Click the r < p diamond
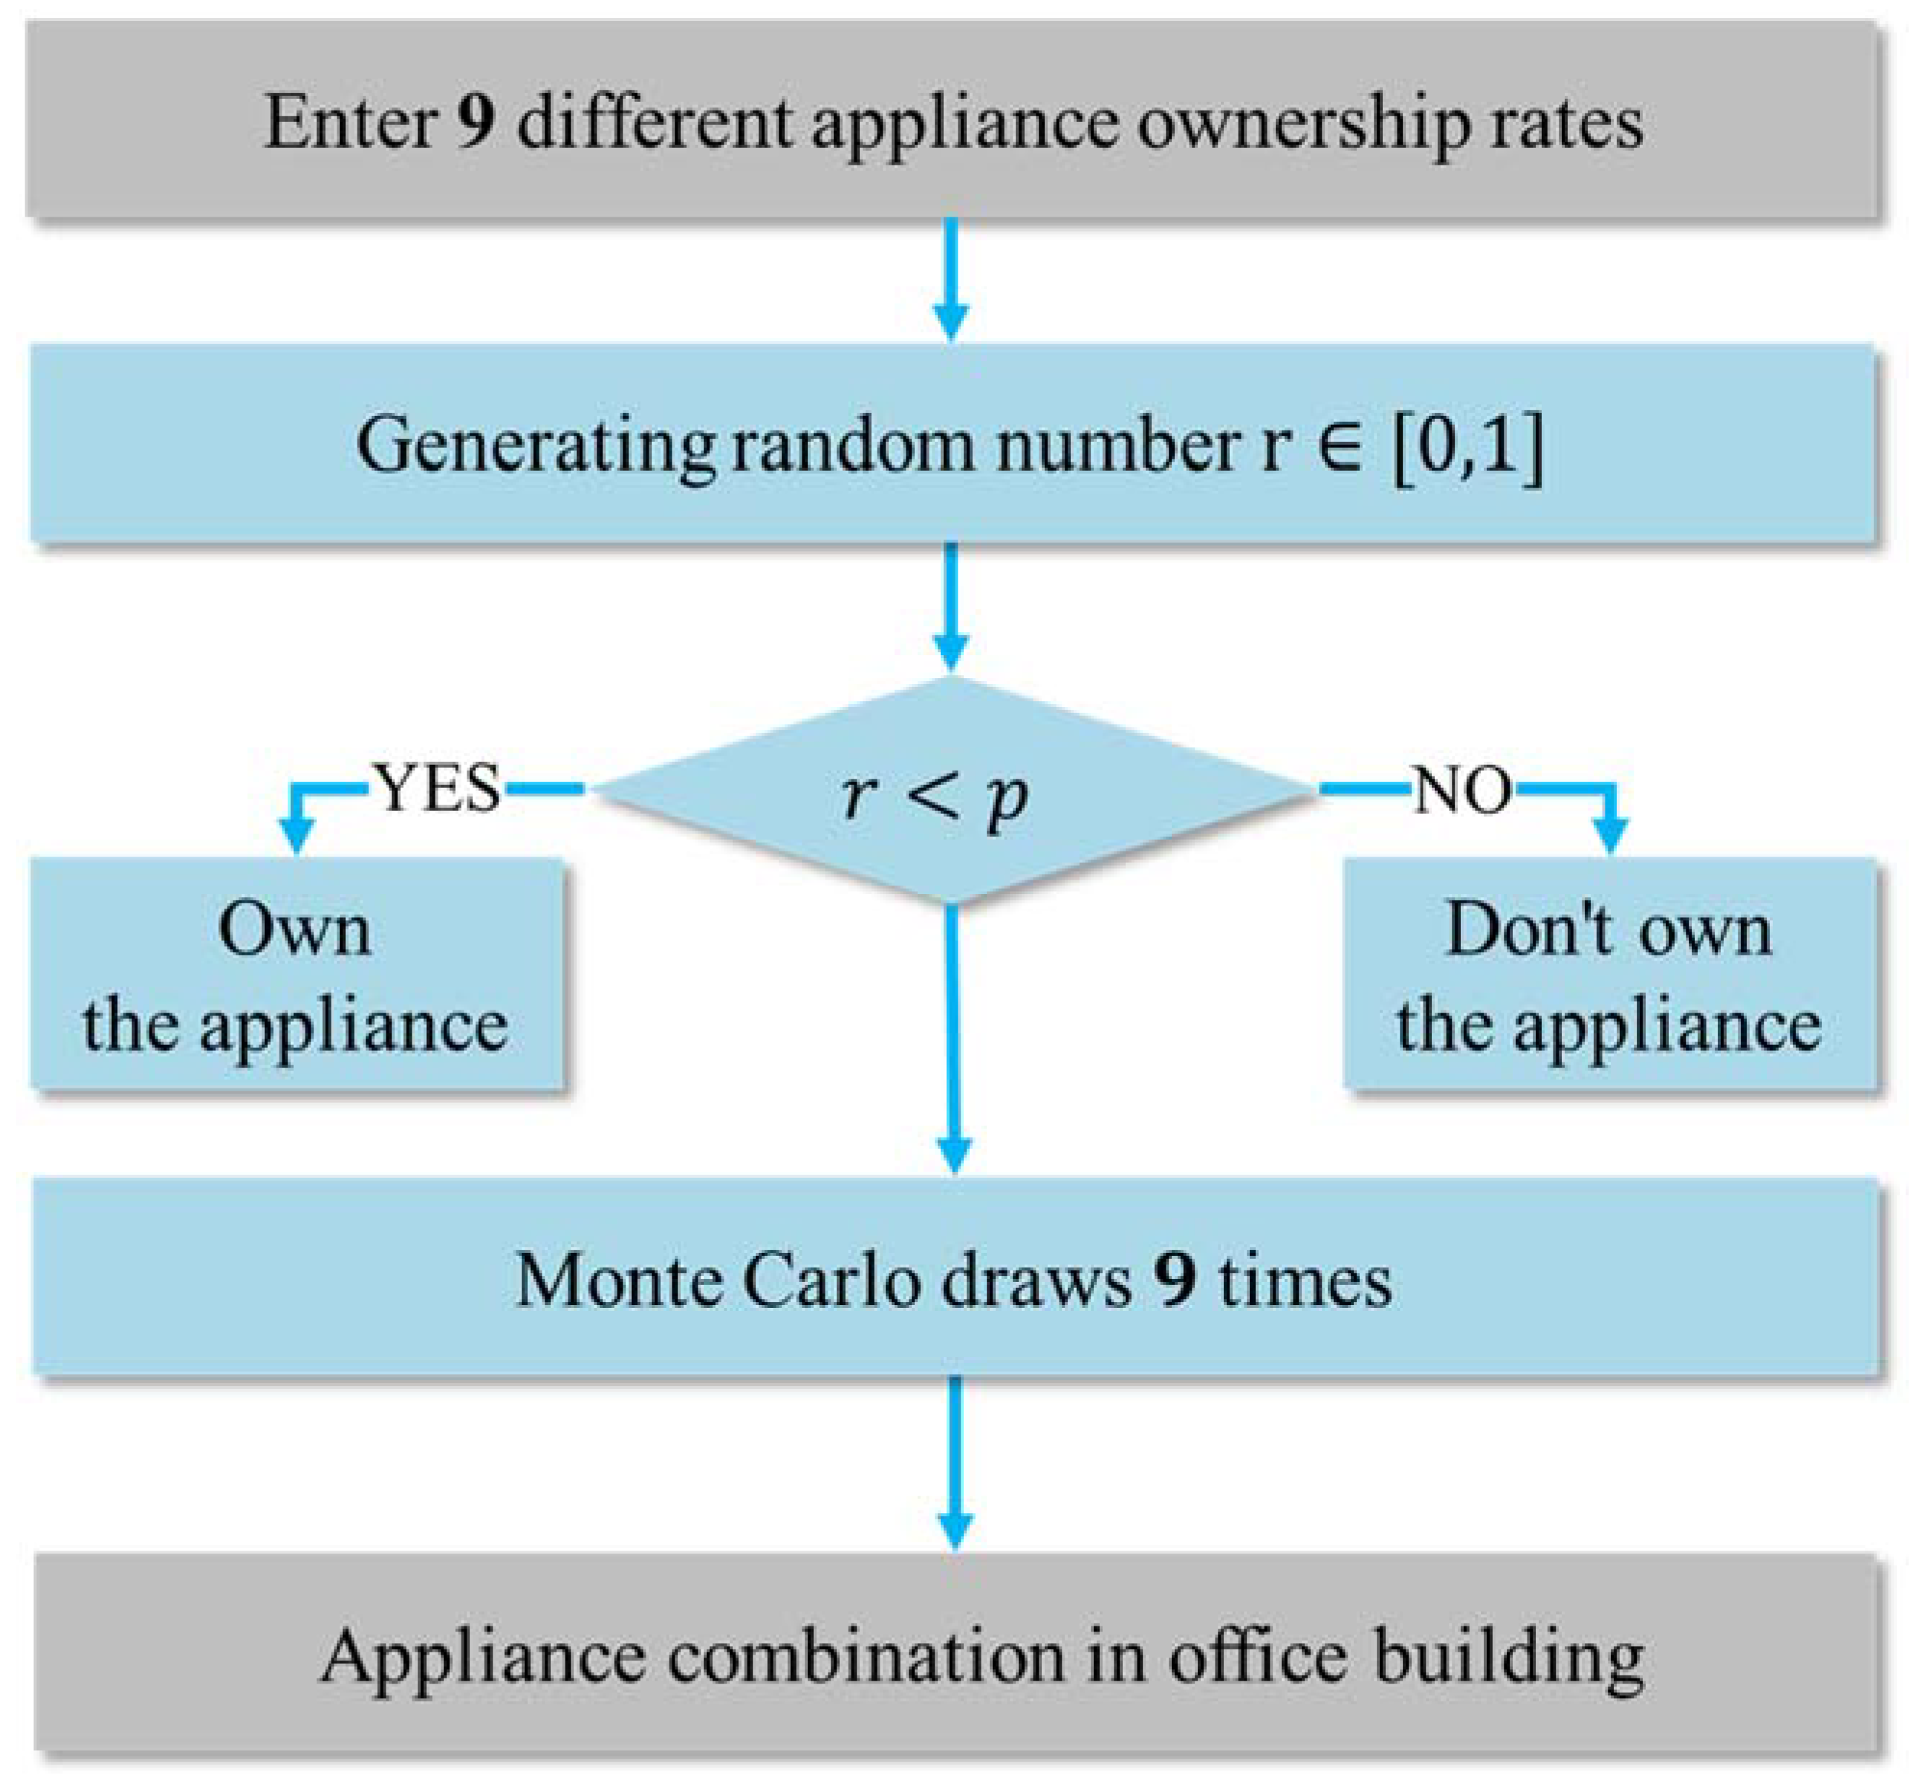[x=951, y=791]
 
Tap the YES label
[x=438, y=789]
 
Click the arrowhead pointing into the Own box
[x=296, y=835]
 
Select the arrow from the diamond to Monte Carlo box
[x=953, y=1039]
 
